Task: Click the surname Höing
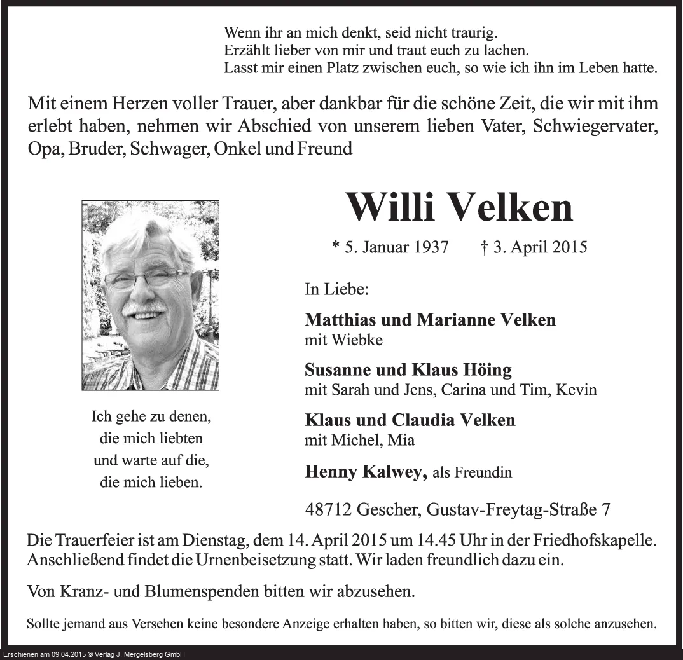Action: click(487, 369)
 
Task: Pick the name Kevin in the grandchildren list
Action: click(576, 390)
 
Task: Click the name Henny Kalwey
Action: click(365, 471)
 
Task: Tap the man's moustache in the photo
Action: click(144, 307)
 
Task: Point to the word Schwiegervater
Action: click(595, 126)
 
